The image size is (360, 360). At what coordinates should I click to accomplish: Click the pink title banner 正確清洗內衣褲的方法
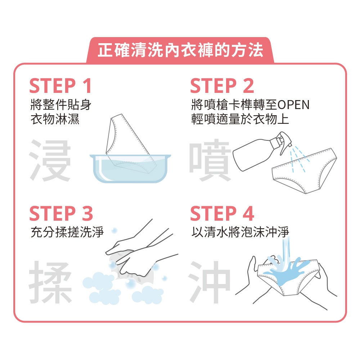coord(180,50)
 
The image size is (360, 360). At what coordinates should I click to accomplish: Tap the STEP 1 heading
coord(60,86)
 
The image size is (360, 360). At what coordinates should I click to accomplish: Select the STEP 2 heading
coord(222,86)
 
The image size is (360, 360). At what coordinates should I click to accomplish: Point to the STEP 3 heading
coord(61,213)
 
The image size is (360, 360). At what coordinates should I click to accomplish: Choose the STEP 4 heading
coord(222,213)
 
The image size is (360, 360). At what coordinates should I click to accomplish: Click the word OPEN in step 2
coord(293,105)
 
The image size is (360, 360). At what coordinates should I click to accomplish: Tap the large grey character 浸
coord(50,160)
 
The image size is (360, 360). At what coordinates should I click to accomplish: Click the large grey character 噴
coord(210,160)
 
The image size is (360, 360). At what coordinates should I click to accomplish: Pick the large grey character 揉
coord(50,282)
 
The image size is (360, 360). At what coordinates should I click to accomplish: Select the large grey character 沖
coord(210,282)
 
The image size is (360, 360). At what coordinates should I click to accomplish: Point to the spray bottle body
coord(253,155)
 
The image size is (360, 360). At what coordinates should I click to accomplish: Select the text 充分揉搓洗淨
coord(67,232)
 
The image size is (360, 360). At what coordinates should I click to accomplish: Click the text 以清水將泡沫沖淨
coord(240,232)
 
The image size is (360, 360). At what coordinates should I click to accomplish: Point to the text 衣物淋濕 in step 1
coord(55,119)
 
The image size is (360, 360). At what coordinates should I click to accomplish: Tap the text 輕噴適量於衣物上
coord(240,119)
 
